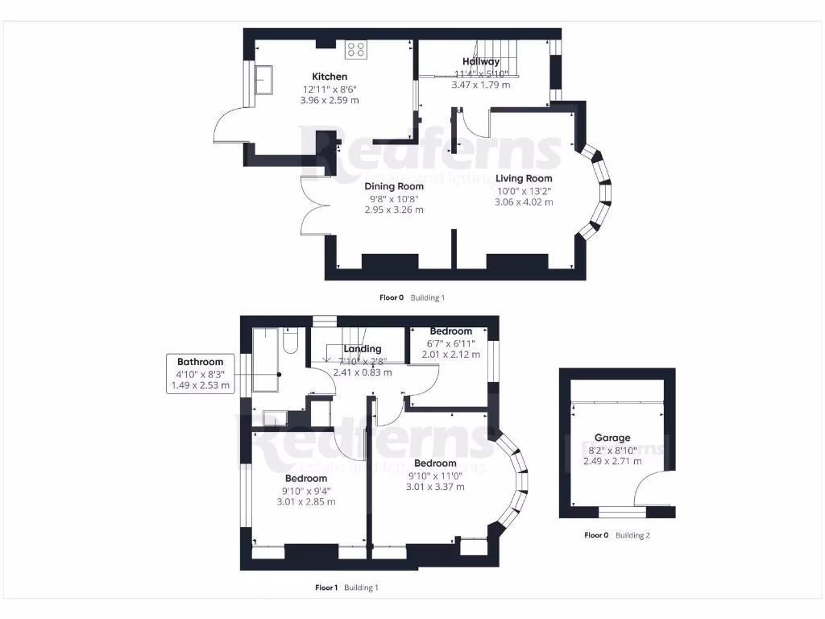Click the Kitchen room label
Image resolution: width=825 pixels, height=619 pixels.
(330, 77)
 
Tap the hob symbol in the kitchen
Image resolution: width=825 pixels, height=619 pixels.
(355, 50)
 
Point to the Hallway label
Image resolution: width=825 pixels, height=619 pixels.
(481, 61)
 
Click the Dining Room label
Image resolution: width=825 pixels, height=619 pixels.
(394, 186)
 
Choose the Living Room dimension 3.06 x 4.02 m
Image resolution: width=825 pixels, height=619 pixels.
(524, 202)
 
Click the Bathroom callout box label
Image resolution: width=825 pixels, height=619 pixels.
(200, 362)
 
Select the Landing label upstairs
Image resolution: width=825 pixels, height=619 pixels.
(362, 349)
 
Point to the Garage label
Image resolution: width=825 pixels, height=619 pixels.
(612, 438)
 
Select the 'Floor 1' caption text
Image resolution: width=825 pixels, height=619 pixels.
(326, 588)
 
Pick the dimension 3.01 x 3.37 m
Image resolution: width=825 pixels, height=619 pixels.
(435, 486)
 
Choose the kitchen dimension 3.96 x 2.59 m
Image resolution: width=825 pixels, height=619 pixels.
(330, 101)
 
